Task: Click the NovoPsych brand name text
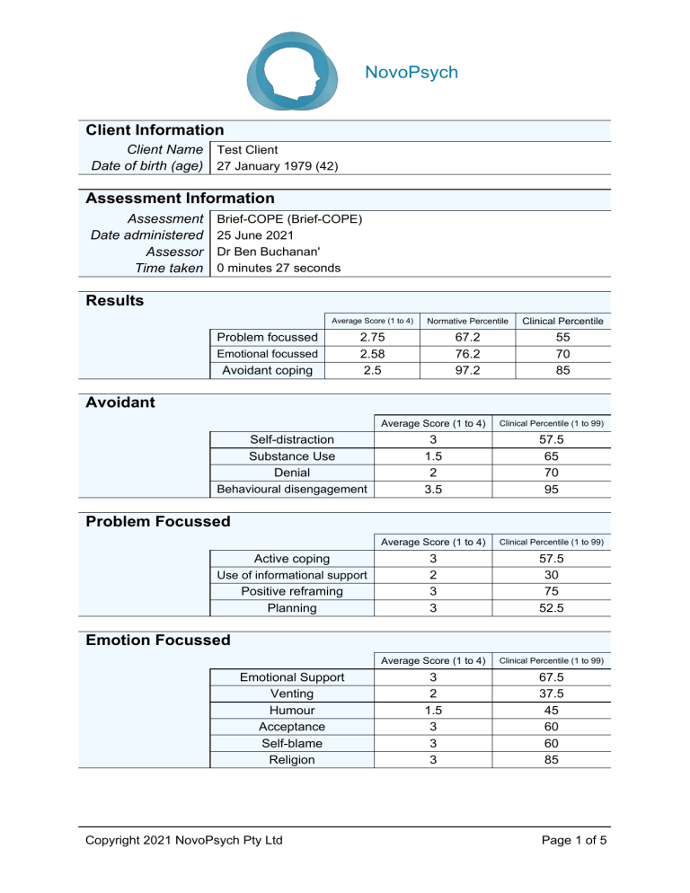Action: tap(411, 73)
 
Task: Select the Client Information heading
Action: tap(153, 130)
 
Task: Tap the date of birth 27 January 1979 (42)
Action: tap(272, 166)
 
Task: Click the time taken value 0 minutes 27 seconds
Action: tap(273, 268)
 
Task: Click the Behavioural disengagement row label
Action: tap(293, 488)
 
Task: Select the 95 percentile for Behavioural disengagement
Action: tap(551, 488)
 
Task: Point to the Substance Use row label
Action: tap(293, 455)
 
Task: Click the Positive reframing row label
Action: tap(293, 591)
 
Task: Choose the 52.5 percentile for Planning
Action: tap(551, 607)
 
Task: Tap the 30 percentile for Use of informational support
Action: tap(551, 575)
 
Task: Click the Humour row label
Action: tap(293, 710)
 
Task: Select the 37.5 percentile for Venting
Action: tap(551, 694)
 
